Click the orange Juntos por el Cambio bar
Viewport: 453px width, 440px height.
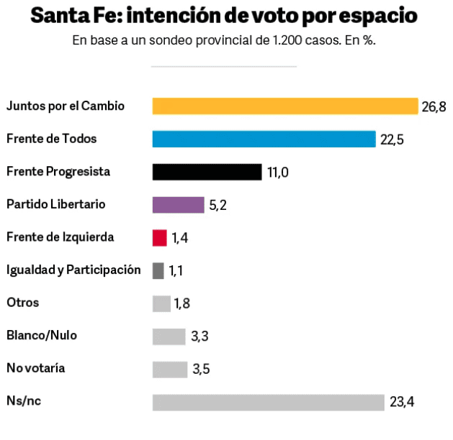[x=284, y=106]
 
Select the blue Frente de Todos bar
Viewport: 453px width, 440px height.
[x=264, y=139]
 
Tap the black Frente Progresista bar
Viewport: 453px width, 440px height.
[x=207, y=172]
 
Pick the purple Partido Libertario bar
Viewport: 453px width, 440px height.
[x=178, y=205]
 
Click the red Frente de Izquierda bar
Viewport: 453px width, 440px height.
[x=159, y=237]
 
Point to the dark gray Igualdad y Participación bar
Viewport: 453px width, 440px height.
[x=158, y=270]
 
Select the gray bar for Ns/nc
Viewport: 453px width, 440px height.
[x=268, y=403]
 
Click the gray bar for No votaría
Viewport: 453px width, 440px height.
[x=169, y=370]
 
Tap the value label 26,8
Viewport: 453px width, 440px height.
[x=434, y=107]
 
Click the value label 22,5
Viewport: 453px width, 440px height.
[x=392, y=139]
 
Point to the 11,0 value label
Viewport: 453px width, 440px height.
[x=278, y=173]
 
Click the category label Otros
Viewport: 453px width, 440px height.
[x=22, y=303]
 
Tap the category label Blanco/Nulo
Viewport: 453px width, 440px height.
[x=41, y=335]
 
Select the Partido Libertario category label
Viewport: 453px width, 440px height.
[x=55, y=204]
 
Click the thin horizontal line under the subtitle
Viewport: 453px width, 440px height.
[x=223, y=67]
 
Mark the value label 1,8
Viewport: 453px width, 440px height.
[x=182, y=304]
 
